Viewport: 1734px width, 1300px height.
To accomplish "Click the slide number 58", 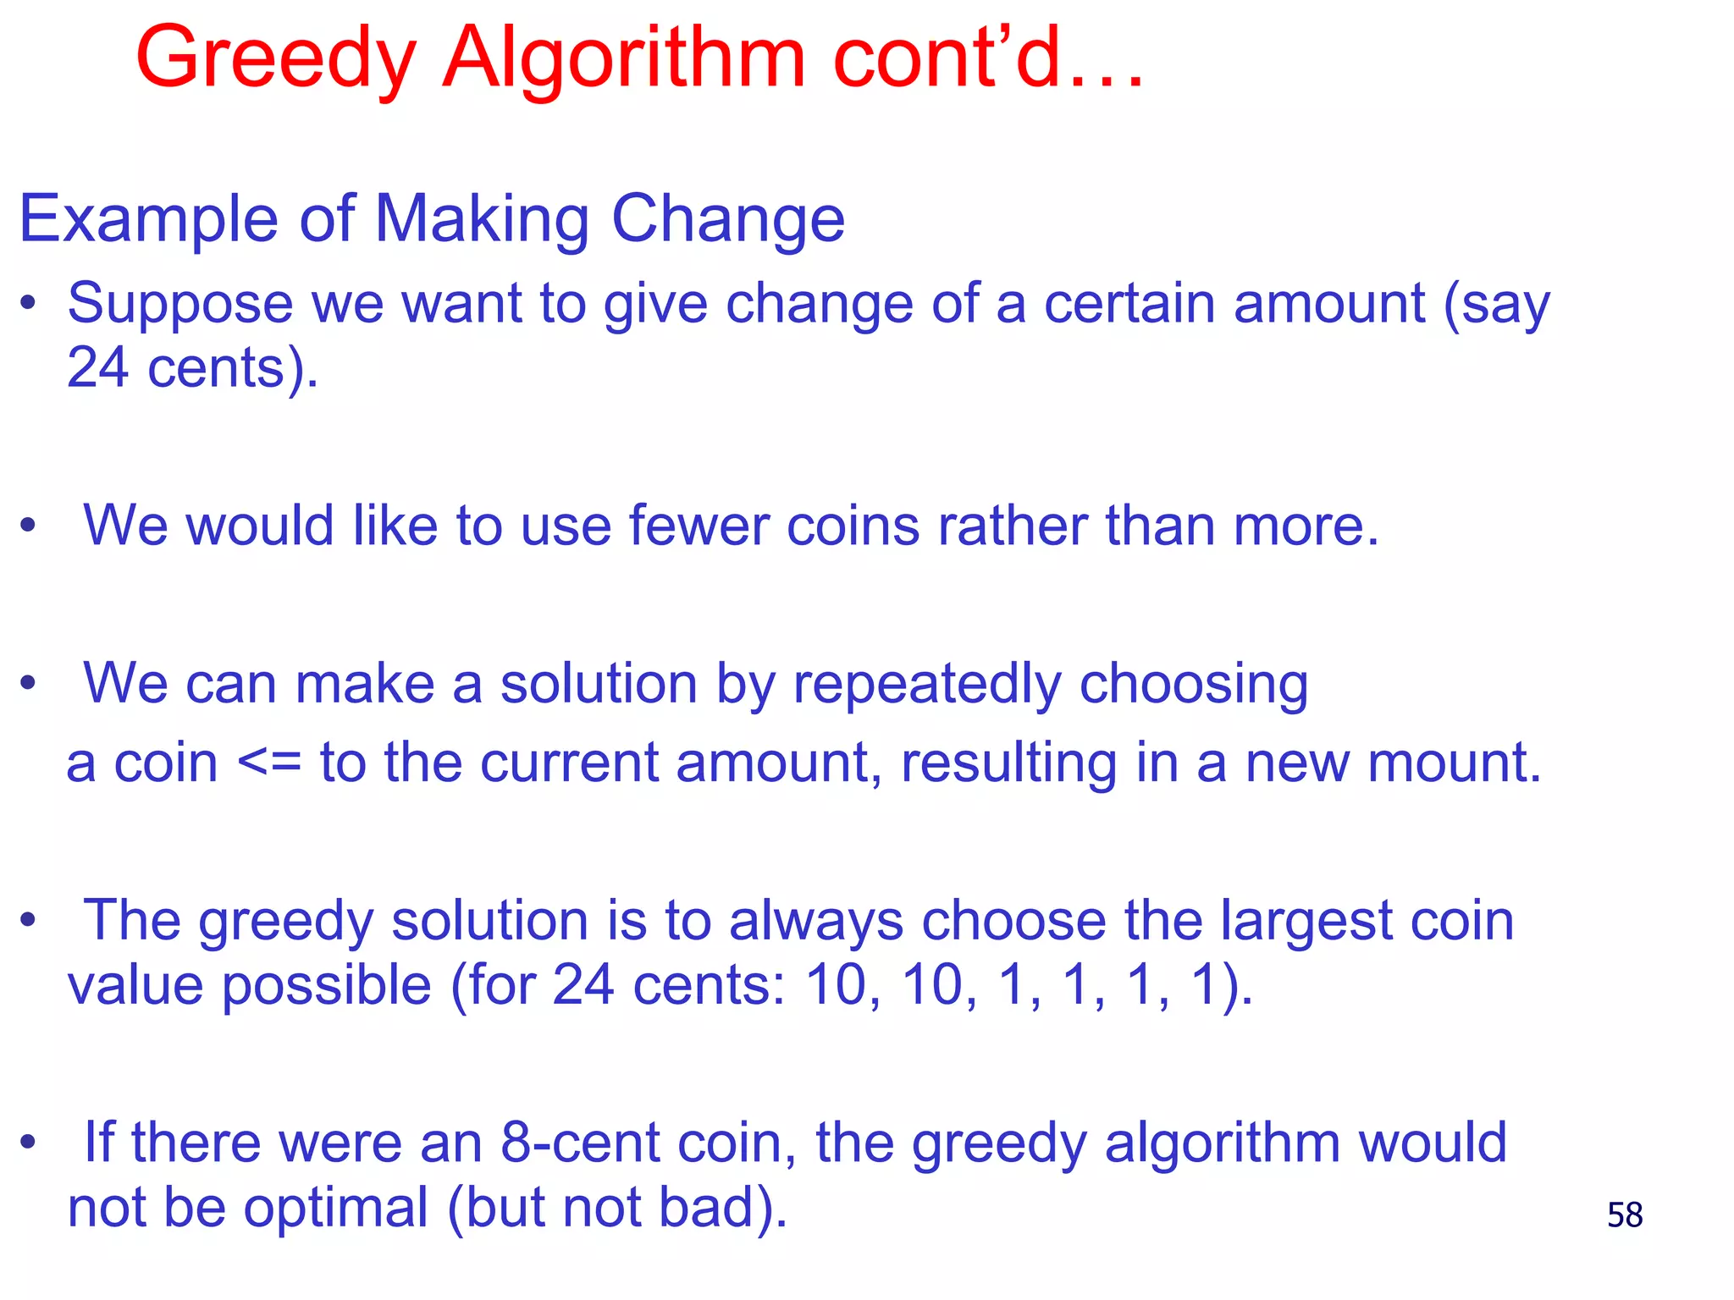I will click(x=1625, y=1215).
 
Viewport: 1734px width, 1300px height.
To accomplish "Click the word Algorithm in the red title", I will click(x=624, y=59).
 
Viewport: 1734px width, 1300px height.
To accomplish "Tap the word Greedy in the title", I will click(x=275, y=59).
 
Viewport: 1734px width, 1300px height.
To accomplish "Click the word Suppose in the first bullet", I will click(x=180, y=305).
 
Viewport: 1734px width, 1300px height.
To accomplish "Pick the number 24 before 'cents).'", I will click(x=97, y=368).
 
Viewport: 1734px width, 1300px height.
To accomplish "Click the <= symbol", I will click(x=269, y=763).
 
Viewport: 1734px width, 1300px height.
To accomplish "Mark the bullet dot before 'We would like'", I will click(x=29, y=526).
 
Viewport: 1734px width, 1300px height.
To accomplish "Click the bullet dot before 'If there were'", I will click(x=29, y=1143).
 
